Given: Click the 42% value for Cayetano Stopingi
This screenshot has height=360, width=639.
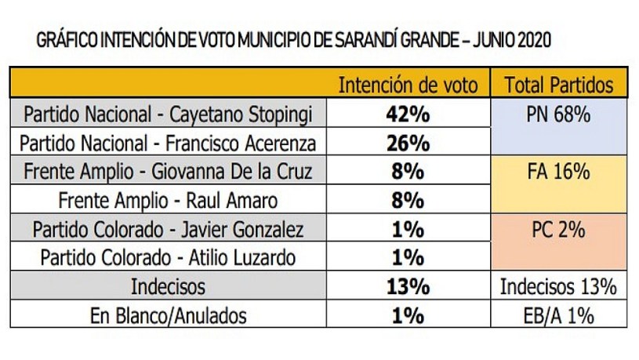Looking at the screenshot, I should pyautogui.click(x=408, y=115).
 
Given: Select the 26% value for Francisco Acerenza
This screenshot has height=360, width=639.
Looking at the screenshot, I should pyautogui.click(x=408, y=144).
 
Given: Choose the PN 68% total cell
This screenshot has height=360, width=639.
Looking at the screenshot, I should pyautogui.click(x=558, y=115).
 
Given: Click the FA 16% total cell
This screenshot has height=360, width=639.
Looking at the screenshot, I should pyautogui.click(x=558, y=172).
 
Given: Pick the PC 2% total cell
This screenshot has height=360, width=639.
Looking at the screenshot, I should pyautogui.click(x=558, y=230).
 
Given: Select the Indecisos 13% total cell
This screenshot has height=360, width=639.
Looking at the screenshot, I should pyautogui.click(x=558, y=287).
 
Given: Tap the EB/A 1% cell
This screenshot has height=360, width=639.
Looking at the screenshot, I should pyautogui.click(x=558, y=316).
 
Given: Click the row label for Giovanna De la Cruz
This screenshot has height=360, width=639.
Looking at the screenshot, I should pyautogui.click(x=169, y=172).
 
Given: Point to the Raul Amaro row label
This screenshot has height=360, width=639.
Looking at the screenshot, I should pyautogui.click(x=169, y=201).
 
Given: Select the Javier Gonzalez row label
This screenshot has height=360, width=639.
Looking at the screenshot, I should pyautogui.click(x=169, y=230).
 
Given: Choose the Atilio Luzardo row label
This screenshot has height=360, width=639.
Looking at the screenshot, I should pyautogui.click(x=169, y=258).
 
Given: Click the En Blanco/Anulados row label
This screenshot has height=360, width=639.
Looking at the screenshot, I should pyautogui.click(x=169, y=316).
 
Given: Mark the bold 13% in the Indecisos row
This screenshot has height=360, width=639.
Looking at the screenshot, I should pyautogui.click(x=408, y=287).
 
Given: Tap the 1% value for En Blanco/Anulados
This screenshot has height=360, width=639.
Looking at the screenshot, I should pyautogui.click(x=408, y=316).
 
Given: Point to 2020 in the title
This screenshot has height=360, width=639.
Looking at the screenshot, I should pyautogui.click(x=532, y=40).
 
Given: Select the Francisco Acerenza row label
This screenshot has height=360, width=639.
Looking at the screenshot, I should pyautogui.click(x=169, y=144).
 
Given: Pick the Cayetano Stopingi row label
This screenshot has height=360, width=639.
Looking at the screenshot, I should pyautogui.click(x=169, y=115).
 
